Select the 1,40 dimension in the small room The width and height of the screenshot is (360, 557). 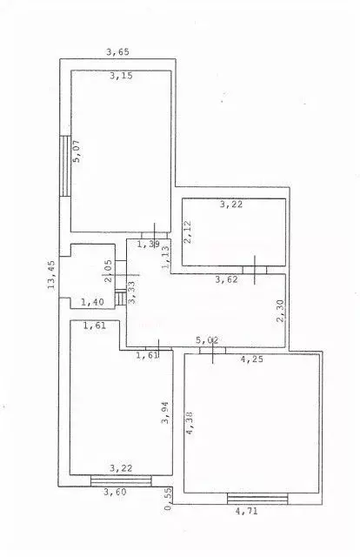pyautogui.click(x=92, y=302)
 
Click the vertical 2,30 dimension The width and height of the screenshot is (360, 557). pyautogui.click(x=280, y=311)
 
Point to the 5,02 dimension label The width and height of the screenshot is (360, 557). pyautogui.click(x=207, y=340)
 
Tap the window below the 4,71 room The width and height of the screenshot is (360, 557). pyautogui.click(x=257, y=498)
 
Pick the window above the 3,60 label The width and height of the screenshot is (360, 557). pyautogui.click(x=120, y=479)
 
